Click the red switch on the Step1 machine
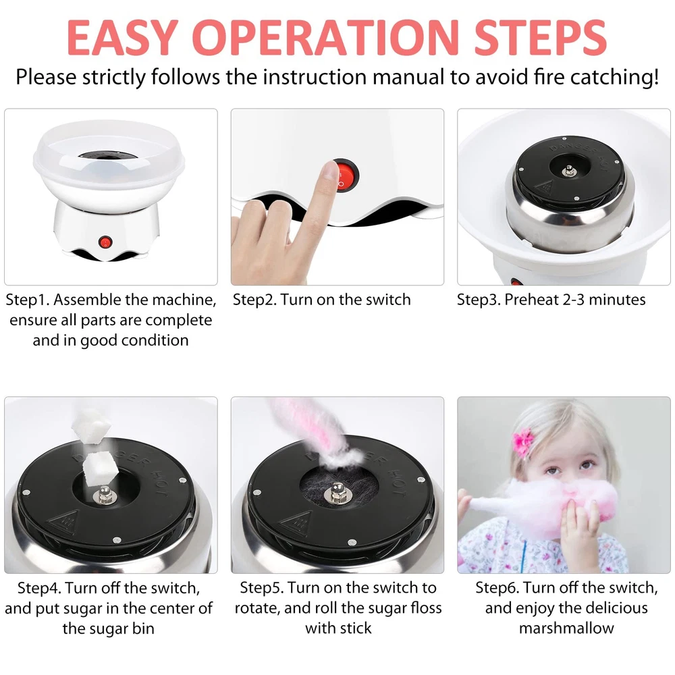pyautogui.click(x=105, y=242)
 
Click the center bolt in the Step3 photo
pyautogui.click(x=569, y=171)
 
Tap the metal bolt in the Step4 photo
pyautogui.click(x=104, y=494)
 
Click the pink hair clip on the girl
pyautogui.click(x=522, y=442)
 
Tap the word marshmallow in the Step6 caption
pyautogui.click(x=566, y=628)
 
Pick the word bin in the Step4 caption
pyautogui.click(x=143, y=628)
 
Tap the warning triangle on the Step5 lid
pyautogui.click(x=296, y=523)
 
